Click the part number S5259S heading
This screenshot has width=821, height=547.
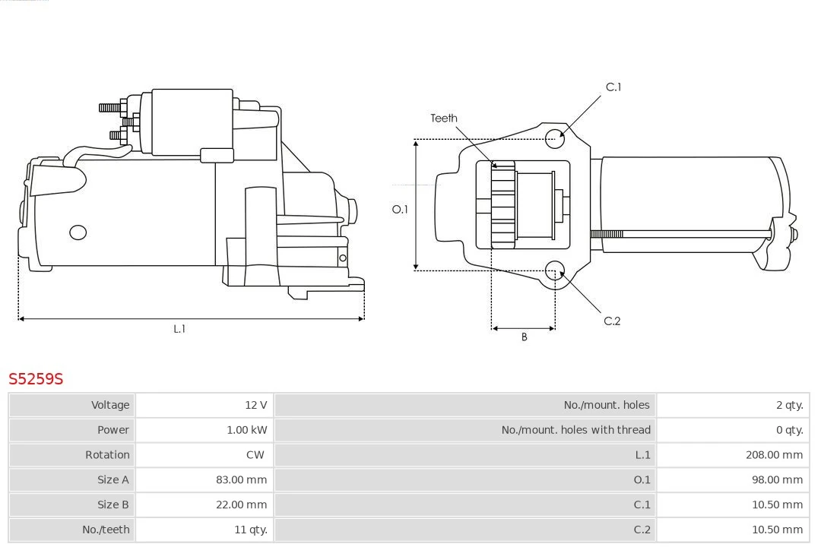pos(36,378)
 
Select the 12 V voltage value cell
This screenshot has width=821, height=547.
pos(255,405)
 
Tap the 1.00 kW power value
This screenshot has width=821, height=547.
pos(246,430)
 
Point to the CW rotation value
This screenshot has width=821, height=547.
pos(255,454)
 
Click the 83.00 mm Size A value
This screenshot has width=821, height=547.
pos(241,479)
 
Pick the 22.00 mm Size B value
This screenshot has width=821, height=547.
pos(241,504)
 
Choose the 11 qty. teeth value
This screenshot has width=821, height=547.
pos(250,530)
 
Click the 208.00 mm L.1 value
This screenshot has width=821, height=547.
pos(774,454)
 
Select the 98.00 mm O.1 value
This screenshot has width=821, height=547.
pos(777,479)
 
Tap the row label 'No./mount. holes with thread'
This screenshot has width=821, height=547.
pos(575,430)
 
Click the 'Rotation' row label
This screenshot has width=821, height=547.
pos(107,454)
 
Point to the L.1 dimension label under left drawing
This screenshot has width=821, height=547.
pos(179,329)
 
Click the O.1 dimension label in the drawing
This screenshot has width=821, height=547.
pos(400,209)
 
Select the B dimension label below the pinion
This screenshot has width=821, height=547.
pos(524,337)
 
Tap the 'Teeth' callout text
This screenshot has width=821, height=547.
pos(444,118)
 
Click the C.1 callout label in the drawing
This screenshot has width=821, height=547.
pos(613,87)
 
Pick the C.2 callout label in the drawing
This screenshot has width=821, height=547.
pos(612,321)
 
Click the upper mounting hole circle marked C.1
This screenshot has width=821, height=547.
pos(556,137)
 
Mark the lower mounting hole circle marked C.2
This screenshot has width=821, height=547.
pos(556,270)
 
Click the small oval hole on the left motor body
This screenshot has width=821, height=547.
pos(78,232)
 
